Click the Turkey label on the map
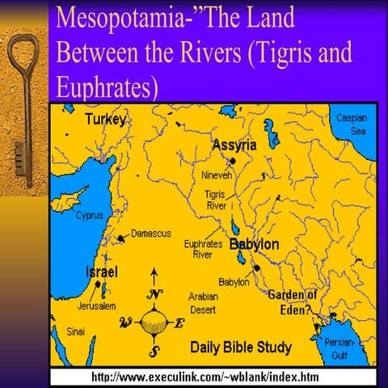pos(107,120)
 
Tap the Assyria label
pos(234,145)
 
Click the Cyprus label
pos(89,216)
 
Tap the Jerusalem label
pos(97,306)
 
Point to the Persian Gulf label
pos(339,347)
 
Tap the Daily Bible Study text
pos(241,348)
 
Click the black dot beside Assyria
pos(255,161)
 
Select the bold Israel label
pos(103,272)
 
